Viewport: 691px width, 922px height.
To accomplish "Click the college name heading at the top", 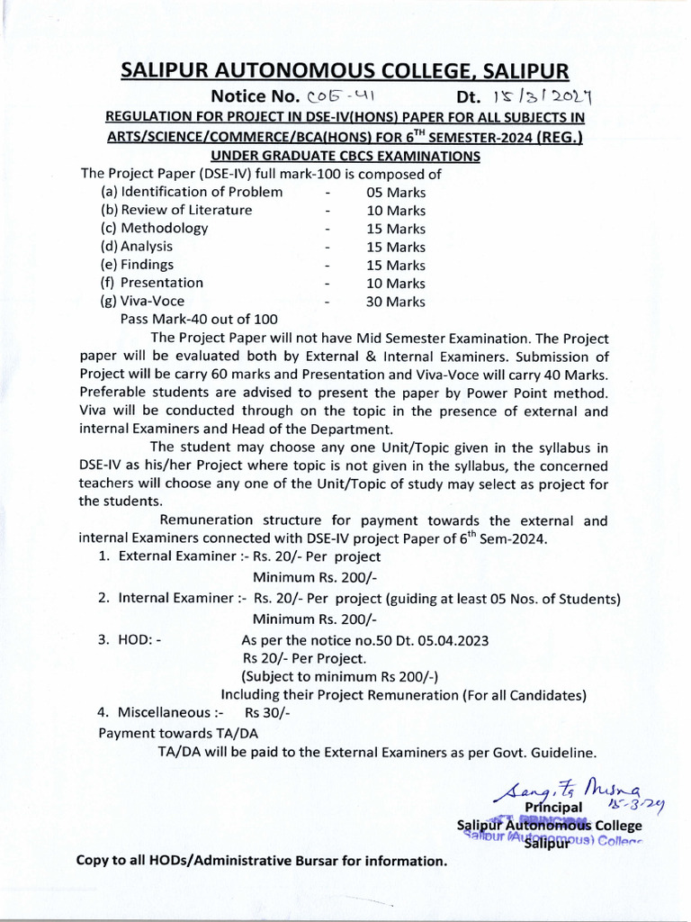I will (345, 71).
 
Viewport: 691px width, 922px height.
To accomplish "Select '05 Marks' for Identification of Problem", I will (396, 193).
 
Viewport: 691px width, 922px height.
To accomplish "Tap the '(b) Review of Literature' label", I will (176, 210).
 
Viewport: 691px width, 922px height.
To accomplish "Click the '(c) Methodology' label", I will (154, 228).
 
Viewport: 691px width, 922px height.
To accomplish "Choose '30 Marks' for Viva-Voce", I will (396, 303).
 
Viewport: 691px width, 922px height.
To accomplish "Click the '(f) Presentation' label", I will (152, 283).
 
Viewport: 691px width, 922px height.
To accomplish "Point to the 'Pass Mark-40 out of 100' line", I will (199, 320).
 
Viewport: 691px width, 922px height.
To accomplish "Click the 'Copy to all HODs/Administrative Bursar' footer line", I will (261, 861).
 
